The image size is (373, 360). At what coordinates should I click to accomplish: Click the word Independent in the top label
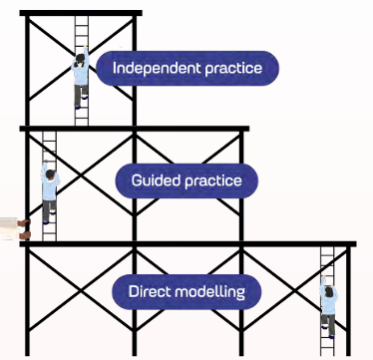click(157, 68)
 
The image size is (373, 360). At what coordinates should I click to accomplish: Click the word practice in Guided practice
click(213, 181)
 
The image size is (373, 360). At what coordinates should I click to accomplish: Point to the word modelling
click(209, 292)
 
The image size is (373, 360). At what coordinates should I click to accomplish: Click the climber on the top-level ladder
click(81, 77)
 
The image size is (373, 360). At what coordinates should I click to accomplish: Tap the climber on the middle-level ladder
click(50, 192)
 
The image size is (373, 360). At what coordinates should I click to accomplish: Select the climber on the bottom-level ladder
click(328, 307)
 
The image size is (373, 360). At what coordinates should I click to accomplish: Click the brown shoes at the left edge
click(24, 229)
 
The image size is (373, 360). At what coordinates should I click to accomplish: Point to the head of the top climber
click(80, 60)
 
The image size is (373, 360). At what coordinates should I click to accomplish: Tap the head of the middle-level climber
click(50, 174)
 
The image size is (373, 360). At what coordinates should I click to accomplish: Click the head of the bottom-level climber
click(328, 292)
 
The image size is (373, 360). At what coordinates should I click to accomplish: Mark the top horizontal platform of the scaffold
click(81, 13)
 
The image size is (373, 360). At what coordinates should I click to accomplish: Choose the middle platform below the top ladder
click(135, 129)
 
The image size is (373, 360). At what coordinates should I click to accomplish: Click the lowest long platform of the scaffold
click(187, 244)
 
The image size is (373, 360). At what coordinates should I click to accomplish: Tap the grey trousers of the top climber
click(81, 96)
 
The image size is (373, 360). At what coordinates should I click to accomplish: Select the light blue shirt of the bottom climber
click(329, 303)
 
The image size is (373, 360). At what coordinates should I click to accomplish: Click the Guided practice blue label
click(186, 180)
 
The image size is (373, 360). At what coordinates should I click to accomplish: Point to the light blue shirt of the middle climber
click(50, 187)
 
